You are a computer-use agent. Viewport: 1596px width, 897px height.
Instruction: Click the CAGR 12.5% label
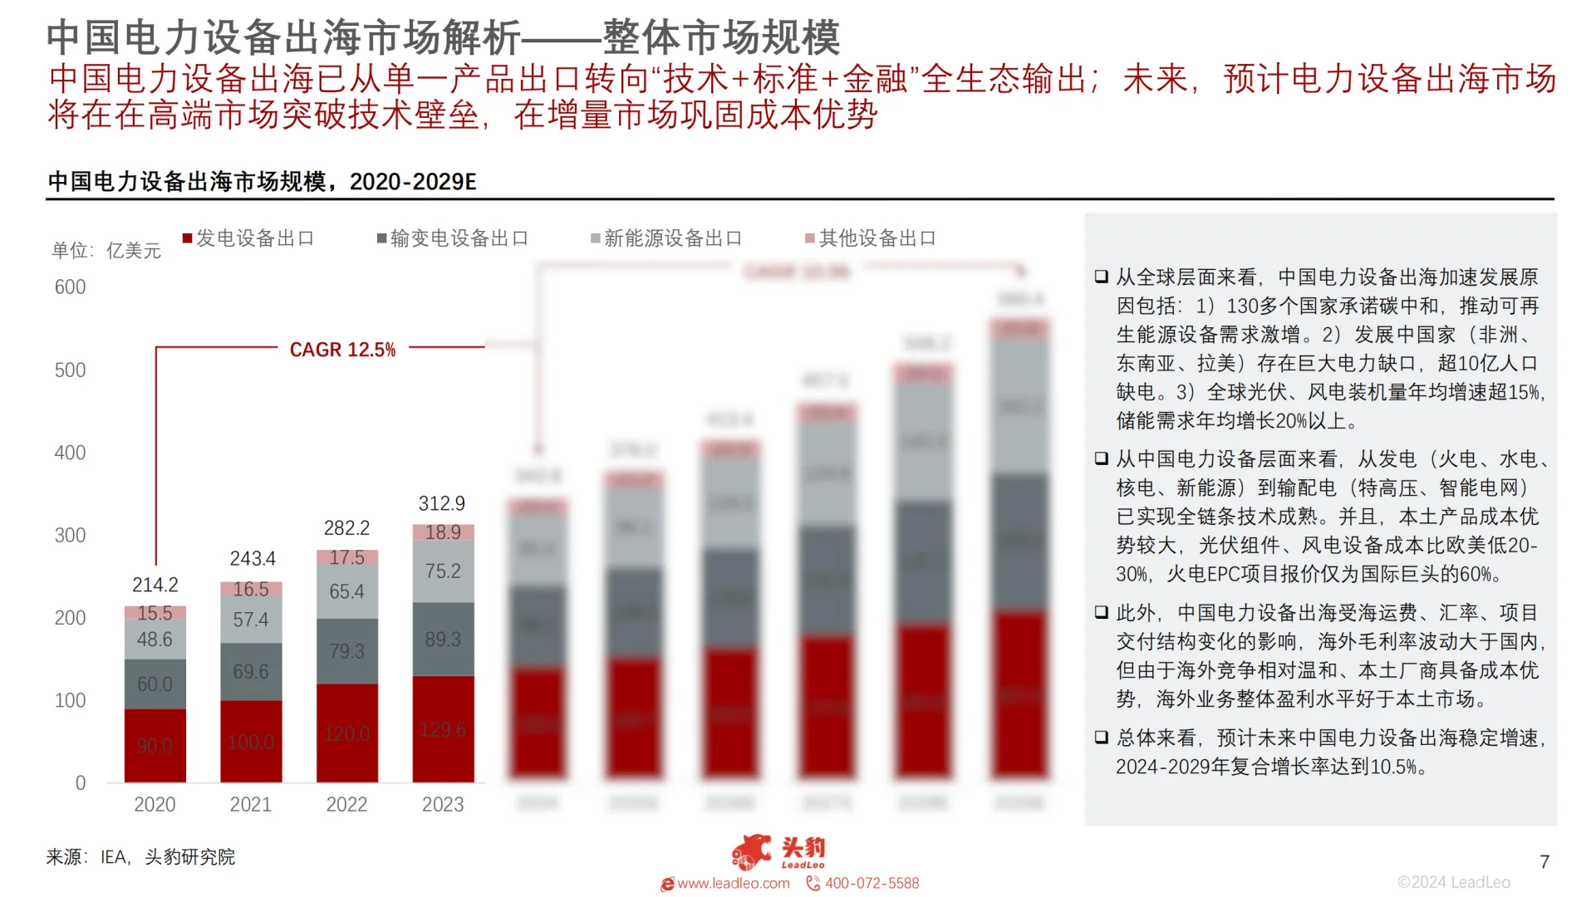click(x=342, y=350)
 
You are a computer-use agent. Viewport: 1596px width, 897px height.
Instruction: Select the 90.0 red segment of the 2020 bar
click(x=155, y=745)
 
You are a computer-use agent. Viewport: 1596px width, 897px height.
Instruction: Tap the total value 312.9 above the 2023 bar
click(x=442, y=503)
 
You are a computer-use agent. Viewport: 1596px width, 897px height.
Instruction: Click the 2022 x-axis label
click(x=346, y=804)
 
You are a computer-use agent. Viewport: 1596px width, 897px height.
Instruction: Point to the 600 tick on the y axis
click(x=70, y=287)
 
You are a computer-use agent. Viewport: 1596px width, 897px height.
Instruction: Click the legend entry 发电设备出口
click(x=248, y=238)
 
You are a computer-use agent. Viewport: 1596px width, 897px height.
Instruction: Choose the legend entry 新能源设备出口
click(x=666, y=238)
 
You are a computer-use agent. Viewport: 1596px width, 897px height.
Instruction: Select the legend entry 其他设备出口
click(x=871, y=238)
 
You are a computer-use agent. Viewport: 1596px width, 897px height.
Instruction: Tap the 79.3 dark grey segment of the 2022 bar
click(x=346, y=651)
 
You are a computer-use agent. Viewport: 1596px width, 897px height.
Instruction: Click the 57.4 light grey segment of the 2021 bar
click(x=251, y=620)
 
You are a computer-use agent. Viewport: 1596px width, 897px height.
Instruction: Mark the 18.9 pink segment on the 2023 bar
click(x=443, y=532)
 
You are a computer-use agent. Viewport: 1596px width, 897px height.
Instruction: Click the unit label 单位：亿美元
click(x=106, y=250)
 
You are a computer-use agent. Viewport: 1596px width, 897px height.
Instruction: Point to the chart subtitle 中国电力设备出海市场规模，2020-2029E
click(x=262, y=181)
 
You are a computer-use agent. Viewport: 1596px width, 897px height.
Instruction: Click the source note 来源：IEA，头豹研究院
click(x=140, y=856)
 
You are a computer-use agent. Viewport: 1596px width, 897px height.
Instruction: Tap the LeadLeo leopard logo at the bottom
click(x=752, y=851)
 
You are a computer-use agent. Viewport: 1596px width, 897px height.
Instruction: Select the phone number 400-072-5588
click(x=872, y=883)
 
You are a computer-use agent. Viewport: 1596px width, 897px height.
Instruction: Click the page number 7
click(x=1544, y=861)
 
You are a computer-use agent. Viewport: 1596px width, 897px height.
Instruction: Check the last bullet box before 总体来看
click(x=1102, y=737)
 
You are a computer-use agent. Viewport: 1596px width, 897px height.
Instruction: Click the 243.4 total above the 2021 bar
click(x=253, y=558)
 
